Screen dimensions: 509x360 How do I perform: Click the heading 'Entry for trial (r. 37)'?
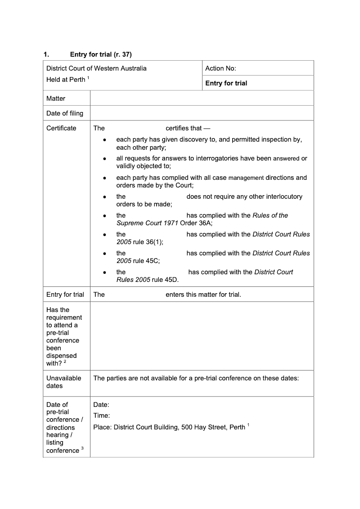coord(101,54)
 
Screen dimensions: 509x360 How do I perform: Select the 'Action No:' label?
coord(220,68)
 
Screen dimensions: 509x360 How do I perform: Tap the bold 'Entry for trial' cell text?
coord(226,83)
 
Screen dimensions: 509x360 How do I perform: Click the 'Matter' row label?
coord(56,98)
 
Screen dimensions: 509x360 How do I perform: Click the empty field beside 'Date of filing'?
coord(201,113)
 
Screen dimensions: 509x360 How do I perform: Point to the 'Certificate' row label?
coord(61,128)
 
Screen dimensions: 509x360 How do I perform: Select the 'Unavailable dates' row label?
coord(63,382)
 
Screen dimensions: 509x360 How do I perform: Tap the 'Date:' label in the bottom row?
coord(101,405)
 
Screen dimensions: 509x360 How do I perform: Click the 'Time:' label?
coord(101,416)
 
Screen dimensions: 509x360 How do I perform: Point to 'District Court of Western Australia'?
coord(96,68)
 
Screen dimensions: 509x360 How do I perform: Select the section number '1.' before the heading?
coord(46,54)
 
